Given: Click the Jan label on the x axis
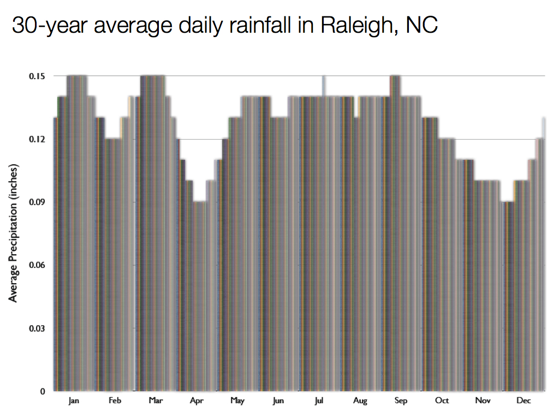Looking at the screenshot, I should (x=74, y=402).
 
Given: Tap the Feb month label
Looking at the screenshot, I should (x=115, y=402).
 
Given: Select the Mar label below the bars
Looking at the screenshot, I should (x=156, y=402).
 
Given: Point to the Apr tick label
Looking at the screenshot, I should (x=197, y=402).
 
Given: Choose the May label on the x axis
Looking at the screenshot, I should (x=237, y=402).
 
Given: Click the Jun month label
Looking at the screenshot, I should (x=278, y=402).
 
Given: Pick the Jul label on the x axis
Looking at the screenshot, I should (x=319, y=402).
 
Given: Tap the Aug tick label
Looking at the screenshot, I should (x=360, y=402).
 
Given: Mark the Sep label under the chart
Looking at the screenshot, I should (x=401, y=402).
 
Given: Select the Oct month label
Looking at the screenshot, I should (x=442, y=402).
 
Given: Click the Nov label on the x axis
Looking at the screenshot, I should (x=483, y=402).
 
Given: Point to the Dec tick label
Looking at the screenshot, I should (x=524, y=402).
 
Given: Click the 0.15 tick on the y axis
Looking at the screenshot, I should (x=37, y=76).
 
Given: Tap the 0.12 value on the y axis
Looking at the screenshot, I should (x=37, y=139).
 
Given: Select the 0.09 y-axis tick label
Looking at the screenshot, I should (x=37, y=202).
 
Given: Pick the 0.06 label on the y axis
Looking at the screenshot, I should (x=37, y=265).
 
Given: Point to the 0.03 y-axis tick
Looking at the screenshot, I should (x=37, y=328).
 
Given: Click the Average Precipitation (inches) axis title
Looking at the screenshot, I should (x=14, y=233).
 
